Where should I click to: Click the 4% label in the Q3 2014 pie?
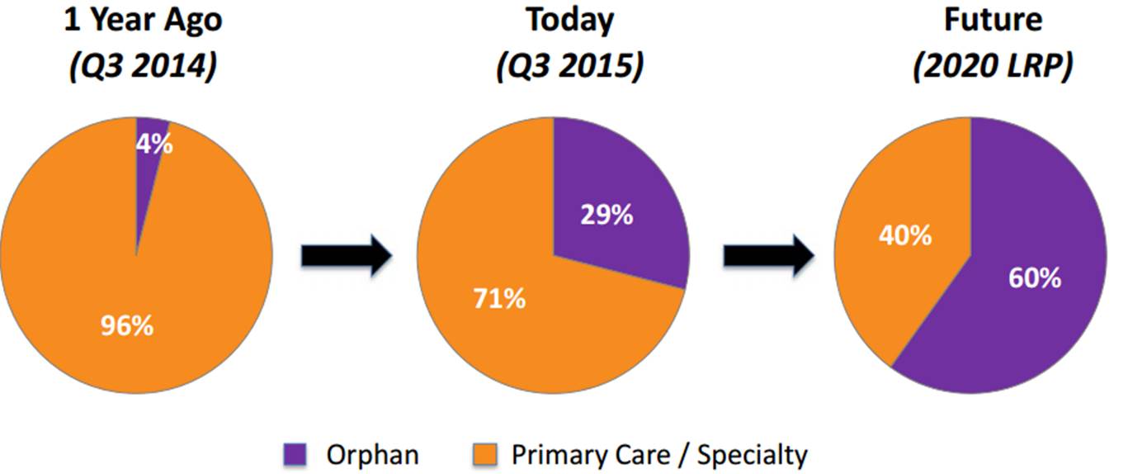click(x=154, y=145)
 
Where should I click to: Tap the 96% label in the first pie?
click(x=126, y=325)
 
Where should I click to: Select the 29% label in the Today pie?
click(x=606, y=216)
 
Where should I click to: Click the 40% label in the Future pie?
click(x=904, y=235)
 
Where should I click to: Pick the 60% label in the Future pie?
click(x=1033, y=277)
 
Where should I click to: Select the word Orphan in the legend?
click(x=372, y=454)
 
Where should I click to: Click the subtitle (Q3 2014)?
click(x=142, y=66)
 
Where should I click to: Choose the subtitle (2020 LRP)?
click(x=993, y=66)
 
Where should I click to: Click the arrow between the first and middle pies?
click(x=345, y=257)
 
